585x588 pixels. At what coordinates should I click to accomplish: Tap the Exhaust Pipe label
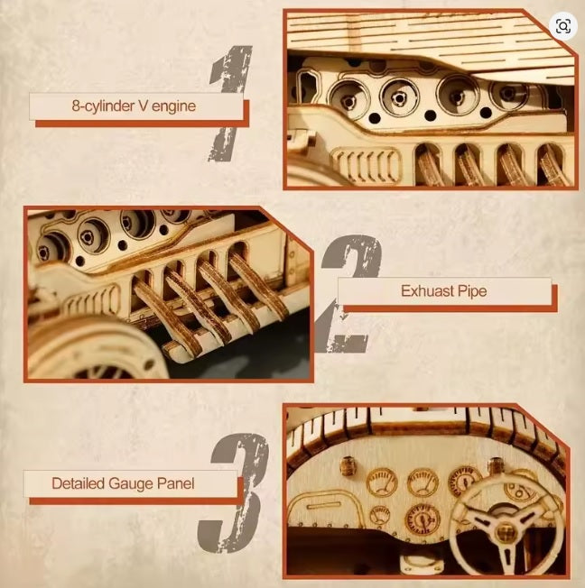tap(443, 292)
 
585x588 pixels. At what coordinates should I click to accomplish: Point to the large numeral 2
tap(348, 294)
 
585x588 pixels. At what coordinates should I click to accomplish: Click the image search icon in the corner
tap(563, 26)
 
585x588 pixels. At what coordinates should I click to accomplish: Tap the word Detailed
tap(79, 483)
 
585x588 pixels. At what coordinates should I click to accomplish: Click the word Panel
tap(174, 483)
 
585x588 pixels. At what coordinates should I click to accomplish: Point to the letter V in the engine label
tap(142, 107)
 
